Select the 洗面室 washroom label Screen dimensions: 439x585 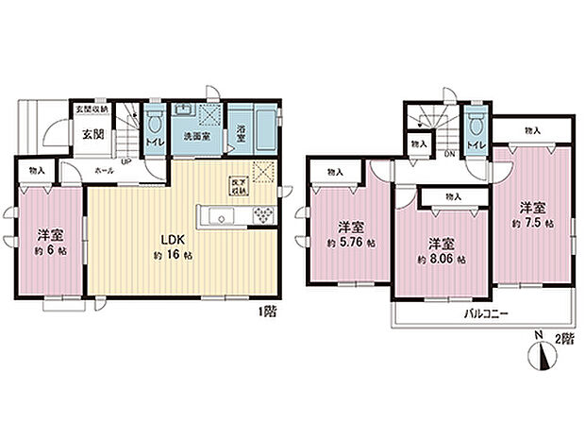(x=196, y=135)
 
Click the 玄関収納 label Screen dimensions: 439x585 (x=92, y=109)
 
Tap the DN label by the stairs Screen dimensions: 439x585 (x=449, y=154)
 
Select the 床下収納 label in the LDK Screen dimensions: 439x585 (x=239, y=186)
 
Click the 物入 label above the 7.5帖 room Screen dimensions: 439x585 (x=533, y=129)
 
